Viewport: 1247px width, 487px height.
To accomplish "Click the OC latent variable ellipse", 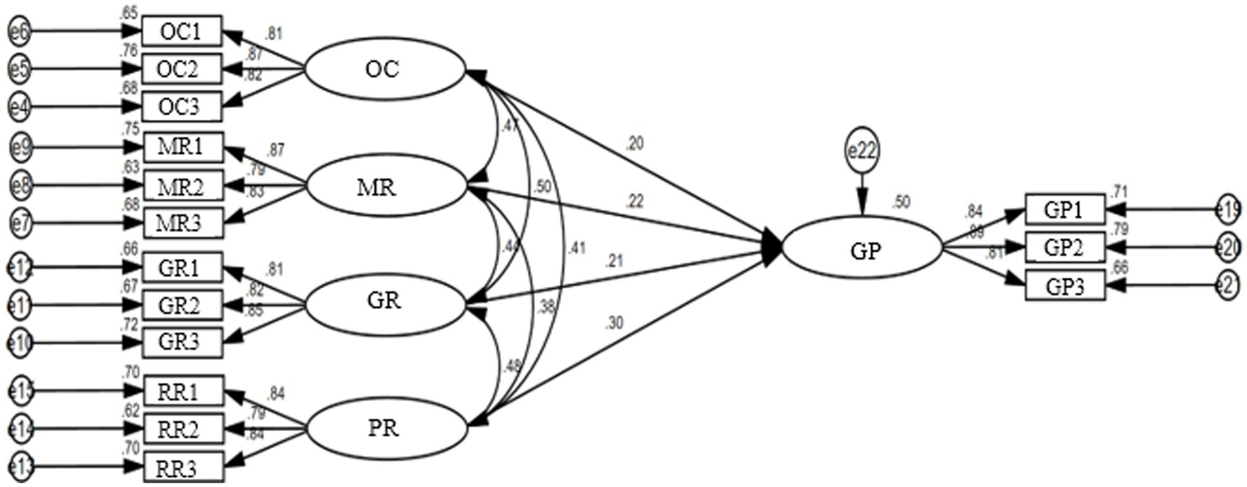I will pos(383,70).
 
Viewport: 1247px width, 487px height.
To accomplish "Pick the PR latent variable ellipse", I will pos(383,427).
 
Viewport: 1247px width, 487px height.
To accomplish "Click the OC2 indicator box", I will pos(182,69).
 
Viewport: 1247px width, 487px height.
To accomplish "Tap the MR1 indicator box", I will pos(182,148).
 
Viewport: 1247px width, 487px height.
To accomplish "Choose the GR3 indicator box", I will pos(182,343).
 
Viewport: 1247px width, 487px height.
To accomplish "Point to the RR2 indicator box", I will pos(182,428).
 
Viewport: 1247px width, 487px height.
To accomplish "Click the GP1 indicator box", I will pos(1065,209).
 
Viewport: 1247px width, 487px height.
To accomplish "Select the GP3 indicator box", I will pos(1065,286).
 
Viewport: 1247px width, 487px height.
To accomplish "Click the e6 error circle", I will pos(19,32).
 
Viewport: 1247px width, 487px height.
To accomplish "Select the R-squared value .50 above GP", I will pos(900,201).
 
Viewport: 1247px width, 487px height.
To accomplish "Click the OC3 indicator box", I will pos(182,106).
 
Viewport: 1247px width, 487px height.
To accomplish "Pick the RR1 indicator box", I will pos(182,390).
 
